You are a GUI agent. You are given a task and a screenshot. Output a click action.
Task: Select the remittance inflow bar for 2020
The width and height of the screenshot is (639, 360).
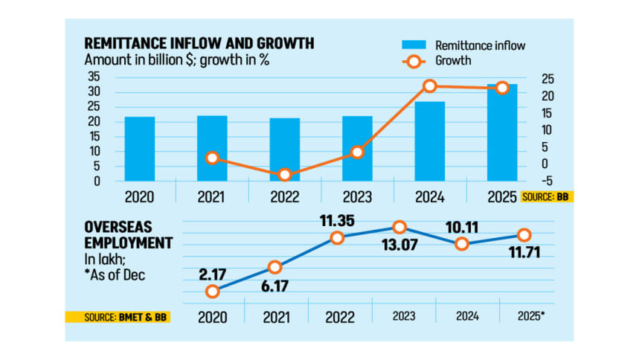tap(140, 149)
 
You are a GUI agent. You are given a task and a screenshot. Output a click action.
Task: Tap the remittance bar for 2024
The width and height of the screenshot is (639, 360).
tap(429, 141)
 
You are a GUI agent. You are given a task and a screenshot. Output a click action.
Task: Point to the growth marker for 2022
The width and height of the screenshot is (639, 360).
tap(285, 175)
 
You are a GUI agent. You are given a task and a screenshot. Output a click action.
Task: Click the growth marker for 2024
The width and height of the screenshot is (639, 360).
tap(429, 86)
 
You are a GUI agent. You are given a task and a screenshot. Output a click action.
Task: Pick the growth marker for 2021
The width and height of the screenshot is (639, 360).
tap(213, 158)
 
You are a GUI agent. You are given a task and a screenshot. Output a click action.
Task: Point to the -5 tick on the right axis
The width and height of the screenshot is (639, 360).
tap(547, 181)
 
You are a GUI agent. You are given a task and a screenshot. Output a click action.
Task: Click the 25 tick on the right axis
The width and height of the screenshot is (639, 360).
tap(547, 80)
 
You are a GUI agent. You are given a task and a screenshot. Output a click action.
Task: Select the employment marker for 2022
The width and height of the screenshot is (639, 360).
tap(337, 238)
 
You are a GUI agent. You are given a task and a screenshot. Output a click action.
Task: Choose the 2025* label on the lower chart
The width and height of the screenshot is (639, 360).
tap(530, 315)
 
